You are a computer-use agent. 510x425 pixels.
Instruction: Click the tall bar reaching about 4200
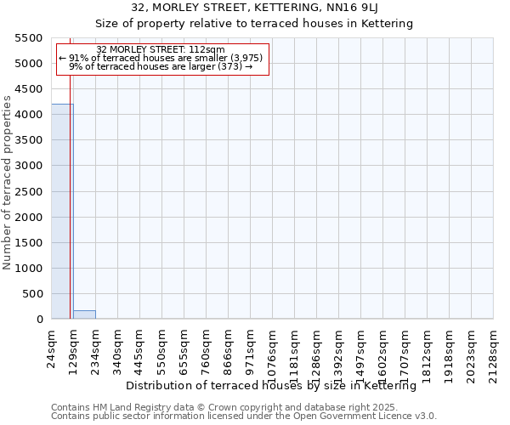tap(62, 212)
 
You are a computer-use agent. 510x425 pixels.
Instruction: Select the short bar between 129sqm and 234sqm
tap(84, 314)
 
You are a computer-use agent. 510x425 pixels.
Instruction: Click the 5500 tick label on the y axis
tap(30, 38)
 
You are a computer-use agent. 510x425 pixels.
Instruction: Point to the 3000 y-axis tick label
tap(30, 166)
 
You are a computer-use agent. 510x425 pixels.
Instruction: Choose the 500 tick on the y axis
tap(33, 294)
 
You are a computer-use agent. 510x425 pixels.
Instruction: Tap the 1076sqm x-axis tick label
tap(273, 346)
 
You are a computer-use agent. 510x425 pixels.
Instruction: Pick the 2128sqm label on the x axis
tap(494, 346)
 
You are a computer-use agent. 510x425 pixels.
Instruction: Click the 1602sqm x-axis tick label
tap(383, 346)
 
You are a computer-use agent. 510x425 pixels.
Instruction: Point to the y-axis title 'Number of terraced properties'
tap(8, 183)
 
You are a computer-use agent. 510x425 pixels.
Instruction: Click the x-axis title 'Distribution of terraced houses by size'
tap(276, 386)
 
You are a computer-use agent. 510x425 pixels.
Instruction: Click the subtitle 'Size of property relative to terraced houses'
tap(254, 24)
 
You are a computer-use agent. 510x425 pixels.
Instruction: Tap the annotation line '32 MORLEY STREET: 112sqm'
tap(161, 50)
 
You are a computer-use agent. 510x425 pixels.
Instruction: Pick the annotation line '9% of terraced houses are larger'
tap(161, 66)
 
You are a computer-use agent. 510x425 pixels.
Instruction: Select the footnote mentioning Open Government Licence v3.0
tap(244, 416)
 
